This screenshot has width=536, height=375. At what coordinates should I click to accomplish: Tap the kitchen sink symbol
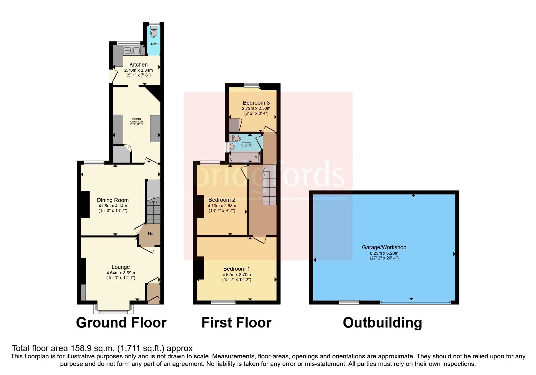(x=132, y=51)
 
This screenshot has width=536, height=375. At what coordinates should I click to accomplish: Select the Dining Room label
(x=113, y=200)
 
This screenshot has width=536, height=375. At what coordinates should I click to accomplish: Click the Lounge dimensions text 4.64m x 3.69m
(x=121, y=272)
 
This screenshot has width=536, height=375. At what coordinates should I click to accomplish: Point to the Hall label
(x=152, y=234)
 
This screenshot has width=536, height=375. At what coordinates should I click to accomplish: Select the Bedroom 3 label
(x=256, y=103)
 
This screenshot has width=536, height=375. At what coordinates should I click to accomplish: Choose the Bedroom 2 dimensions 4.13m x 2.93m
(x=222, y=206)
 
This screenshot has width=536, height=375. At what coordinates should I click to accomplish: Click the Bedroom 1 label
(x=236, y=269)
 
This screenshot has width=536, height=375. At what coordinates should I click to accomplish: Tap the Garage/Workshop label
(x=384, y=247)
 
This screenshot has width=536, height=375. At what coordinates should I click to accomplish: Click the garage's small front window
(x=349, y=302)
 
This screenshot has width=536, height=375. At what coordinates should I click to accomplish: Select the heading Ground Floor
(x=121, y=323)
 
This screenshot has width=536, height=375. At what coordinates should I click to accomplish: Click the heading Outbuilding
(x=382, y=323)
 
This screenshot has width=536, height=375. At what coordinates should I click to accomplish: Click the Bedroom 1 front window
(x=223, y=302)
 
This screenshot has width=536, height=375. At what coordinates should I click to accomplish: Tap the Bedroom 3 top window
(x=250, y=85)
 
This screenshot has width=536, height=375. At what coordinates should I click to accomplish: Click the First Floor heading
(x=236, y=323)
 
